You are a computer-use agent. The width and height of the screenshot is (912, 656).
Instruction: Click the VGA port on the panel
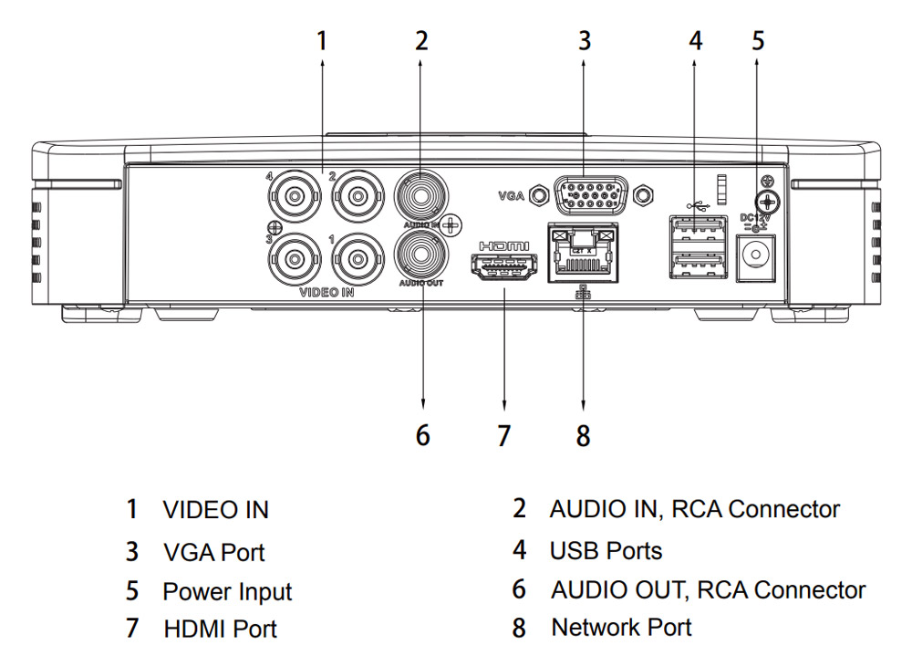click(591, 194)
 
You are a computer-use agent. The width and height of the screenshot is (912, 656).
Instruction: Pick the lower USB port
click(698, 266)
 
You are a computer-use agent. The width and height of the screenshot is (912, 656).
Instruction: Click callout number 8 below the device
click(584, 435)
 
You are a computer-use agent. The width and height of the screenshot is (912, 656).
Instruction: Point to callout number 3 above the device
click(585, 40)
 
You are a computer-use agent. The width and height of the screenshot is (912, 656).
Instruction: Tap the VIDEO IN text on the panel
click(326, 294)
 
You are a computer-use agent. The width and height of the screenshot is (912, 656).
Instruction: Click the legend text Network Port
click(621, 628)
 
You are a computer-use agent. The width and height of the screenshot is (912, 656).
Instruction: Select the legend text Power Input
click(227, 591)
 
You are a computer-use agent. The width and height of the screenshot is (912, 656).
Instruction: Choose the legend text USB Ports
click(606, 550)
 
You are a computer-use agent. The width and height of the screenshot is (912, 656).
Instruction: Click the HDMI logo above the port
click(504, 245)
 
